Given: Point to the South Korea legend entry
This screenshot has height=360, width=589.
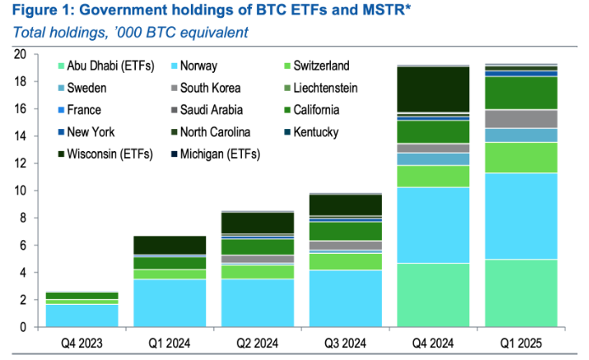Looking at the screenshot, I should (x=211, y=88).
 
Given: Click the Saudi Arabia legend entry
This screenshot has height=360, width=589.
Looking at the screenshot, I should (x=212, y=110).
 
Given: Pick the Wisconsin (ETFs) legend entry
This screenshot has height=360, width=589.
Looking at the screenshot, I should (x=98, y=154).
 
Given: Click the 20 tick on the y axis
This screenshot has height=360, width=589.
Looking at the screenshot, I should (x=22, y=54).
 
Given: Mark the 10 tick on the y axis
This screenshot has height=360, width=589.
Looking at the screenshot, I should (x=22, y=191).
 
